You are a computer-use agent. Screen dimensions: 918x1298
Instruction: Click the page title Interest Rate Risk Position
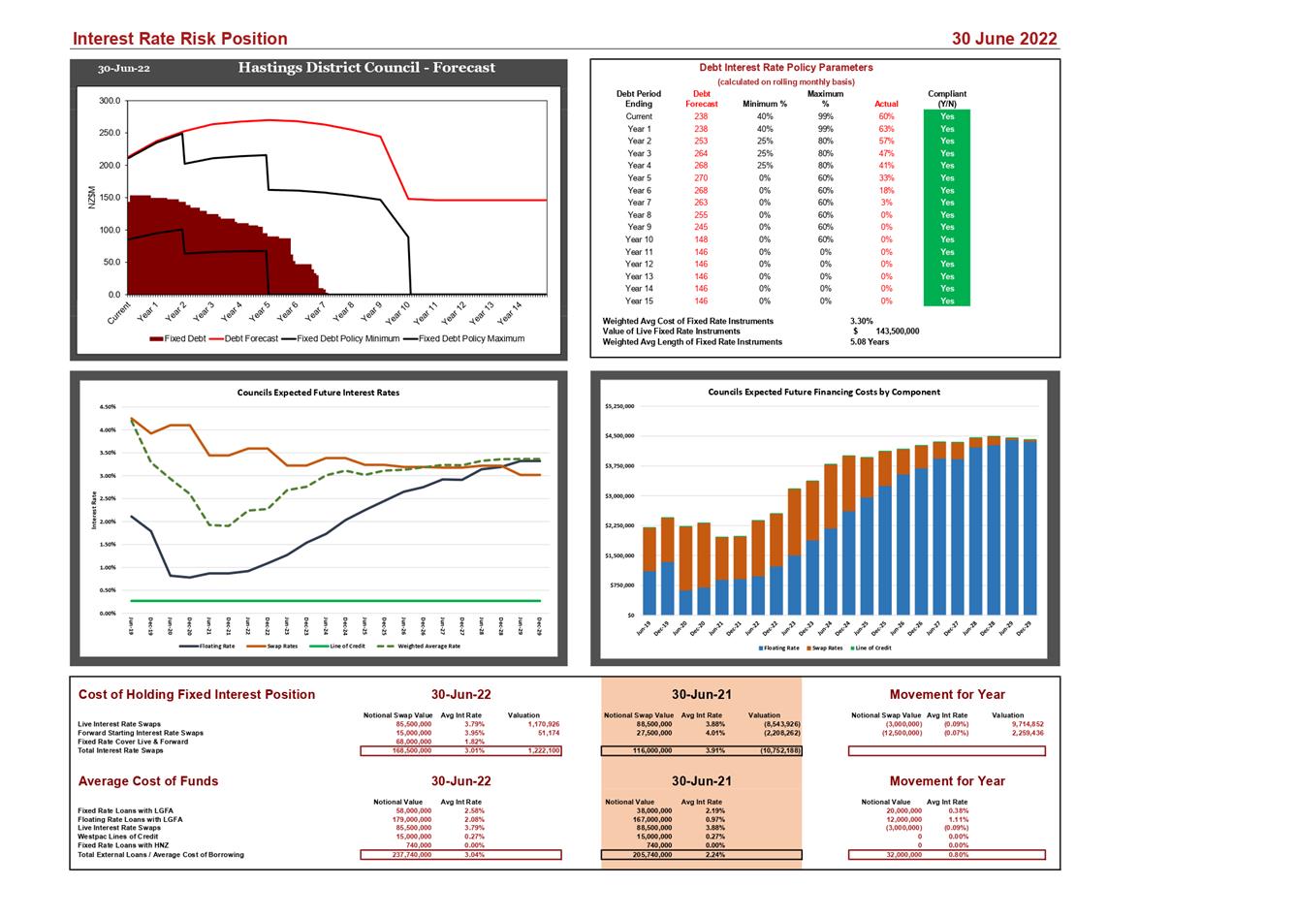point(180,39)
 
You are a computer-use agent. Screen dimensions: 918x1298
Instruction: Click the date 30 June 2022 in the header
point(1004,39)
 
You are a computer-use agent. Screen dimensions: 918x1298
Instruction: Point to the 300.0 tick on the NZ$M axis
point(110,101)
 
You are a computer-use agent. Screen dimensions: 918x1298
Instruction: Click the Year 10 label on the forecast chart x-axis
point(398,312)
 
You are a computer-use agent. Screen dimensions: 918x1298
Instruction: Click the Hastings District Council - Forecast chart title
point(366,68)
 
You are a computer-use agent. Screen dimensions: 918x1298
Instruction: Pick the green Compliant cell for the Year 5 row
point(946,178)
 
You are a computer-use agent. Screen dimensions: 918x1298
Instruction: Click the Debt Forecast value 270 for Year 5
point(701,178)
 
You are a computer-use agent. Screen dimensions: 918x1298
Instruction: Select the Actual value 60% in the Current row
point(886,116)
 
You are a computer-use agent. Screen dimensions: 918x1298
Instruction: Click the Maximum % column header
point(825,99)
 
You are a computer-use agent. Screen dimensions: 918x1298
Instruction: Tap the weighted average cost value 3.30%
point(862,321)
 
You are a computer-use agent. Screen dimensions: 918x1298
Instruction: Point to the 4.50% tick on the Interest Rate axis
point(108,407)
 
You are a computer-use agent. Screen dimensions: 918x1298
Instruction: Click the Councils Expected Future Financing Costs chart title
point(823,392)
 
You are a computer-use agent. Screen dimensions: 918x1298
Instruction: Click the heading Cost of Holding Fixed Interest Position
point(196,694)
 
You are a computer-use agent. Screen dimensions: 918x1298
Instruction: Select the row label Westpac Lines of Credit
point(117,837)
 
